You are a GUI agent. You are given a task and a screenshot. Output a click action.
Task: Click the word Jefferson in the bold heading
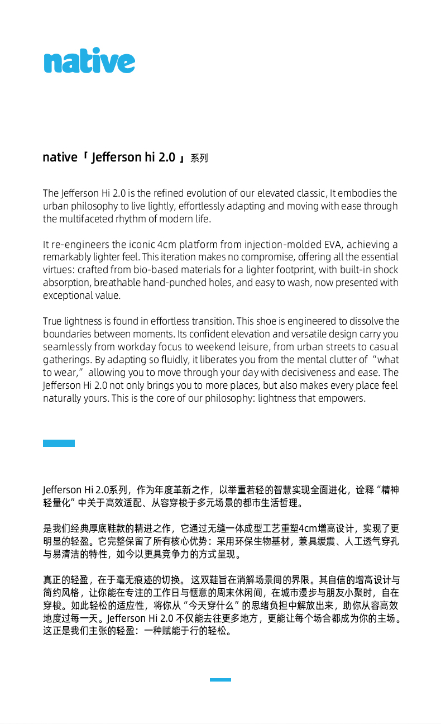click(x=117, y=158)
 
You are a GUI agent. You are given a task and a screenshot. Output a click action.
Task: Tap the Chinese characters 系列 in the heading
click(x=199, y=159)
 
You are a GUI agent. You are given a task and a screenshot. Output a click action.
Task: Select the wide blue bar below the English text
click(x=59, y=444)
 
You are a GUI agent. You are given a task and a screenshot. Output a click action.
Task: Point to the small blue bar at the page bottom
click(x=220, y=680)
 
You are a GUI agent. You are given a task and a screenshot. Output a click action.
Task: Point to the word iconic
click(x=142, y=245)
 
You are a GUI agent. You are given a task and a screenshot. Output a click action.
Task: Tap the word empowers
click(x=344, y=398)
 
